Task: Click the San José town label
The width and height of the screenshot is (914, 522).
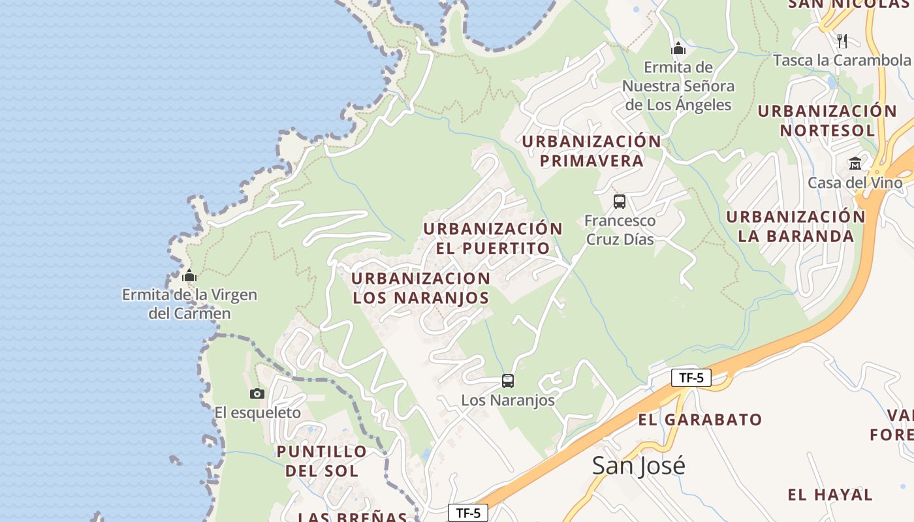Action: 638,466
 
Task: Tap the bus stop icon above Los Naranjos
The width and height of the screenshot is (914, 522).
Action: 508,380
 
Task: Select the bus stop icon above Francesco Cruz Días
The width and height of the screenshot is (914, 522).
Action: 620,202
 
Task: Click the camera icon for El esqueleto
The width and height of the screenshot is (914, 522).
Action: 257,393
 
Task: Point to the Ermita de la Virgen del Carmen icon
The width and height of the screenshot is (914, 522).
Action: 189,276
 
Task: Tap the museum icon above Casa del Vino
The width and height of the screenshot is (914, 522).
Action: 855,163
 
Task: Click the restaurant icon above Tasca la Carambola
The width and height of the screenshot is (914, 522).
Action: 842,40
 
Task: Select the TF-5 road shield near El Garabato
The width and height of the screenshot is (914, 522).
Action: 691,378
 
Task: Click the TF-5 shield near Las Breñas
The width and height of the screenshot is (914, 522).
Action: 468,513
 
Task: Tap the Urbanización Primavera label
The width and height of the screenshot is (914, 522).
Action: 591,151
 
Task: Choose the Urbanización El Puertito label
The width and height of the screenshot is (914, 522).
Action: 493,238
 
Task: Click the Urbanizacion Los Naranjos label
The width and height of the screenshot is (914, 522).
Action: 421,288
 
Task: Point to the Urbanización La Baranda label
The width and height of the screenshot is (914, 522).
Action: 796,226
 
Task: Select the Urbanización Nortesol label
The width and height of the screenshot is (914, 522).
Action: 827,120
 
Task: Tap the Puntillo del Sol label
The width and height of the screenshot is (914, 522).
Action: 322,461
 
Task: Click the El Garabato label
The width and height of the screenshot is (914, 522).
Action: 700,420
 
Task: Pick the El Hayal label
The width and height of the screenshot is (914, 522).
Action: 830,495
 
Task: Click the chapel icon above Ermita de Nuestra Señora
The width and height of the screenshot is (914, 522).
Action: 678,48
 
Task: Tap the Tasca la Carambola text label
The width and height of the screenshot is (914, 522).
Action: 842,61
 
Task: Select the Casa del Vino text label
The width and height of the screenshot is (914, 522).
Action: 855,183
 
